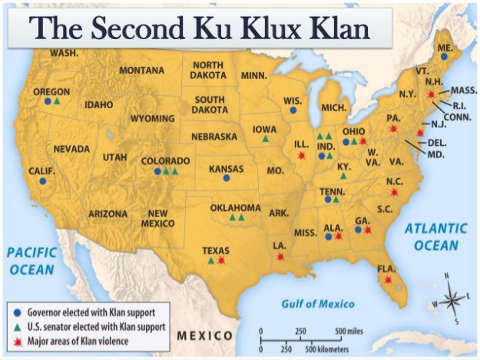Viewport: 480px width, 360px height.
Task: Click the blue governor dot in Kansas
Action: (x=227, y=178)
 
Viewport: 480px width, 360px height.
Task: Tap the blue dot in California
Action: (x=43, y=181)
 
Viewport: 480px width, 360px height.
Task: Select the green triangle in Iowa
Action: (x=266, y=139)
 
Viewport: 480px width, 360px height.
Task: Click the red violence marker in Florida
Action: (x=388, y=280)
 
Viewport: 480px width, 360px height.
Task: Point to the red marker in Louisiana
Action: (x=280, y=256)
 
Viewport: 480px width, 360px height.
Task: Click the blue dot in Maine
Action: (x=444, y=57)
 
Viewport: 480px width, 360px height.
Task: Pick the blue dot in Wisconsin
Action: (x=293, y=110)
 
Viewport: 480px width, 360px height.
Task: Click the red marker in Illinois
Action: (x=301, y=155)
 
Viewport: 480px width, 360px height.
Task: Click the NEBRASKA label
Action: (x=214, y=137)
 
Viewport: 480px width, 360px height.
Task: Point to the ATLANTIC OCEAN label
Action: (x=435, y=236)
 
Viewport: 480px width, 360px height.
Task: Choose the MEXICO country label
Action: (x=205, y=336)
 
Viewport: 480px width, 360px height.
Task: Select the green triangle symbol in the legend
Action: (x=18, y=326)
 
